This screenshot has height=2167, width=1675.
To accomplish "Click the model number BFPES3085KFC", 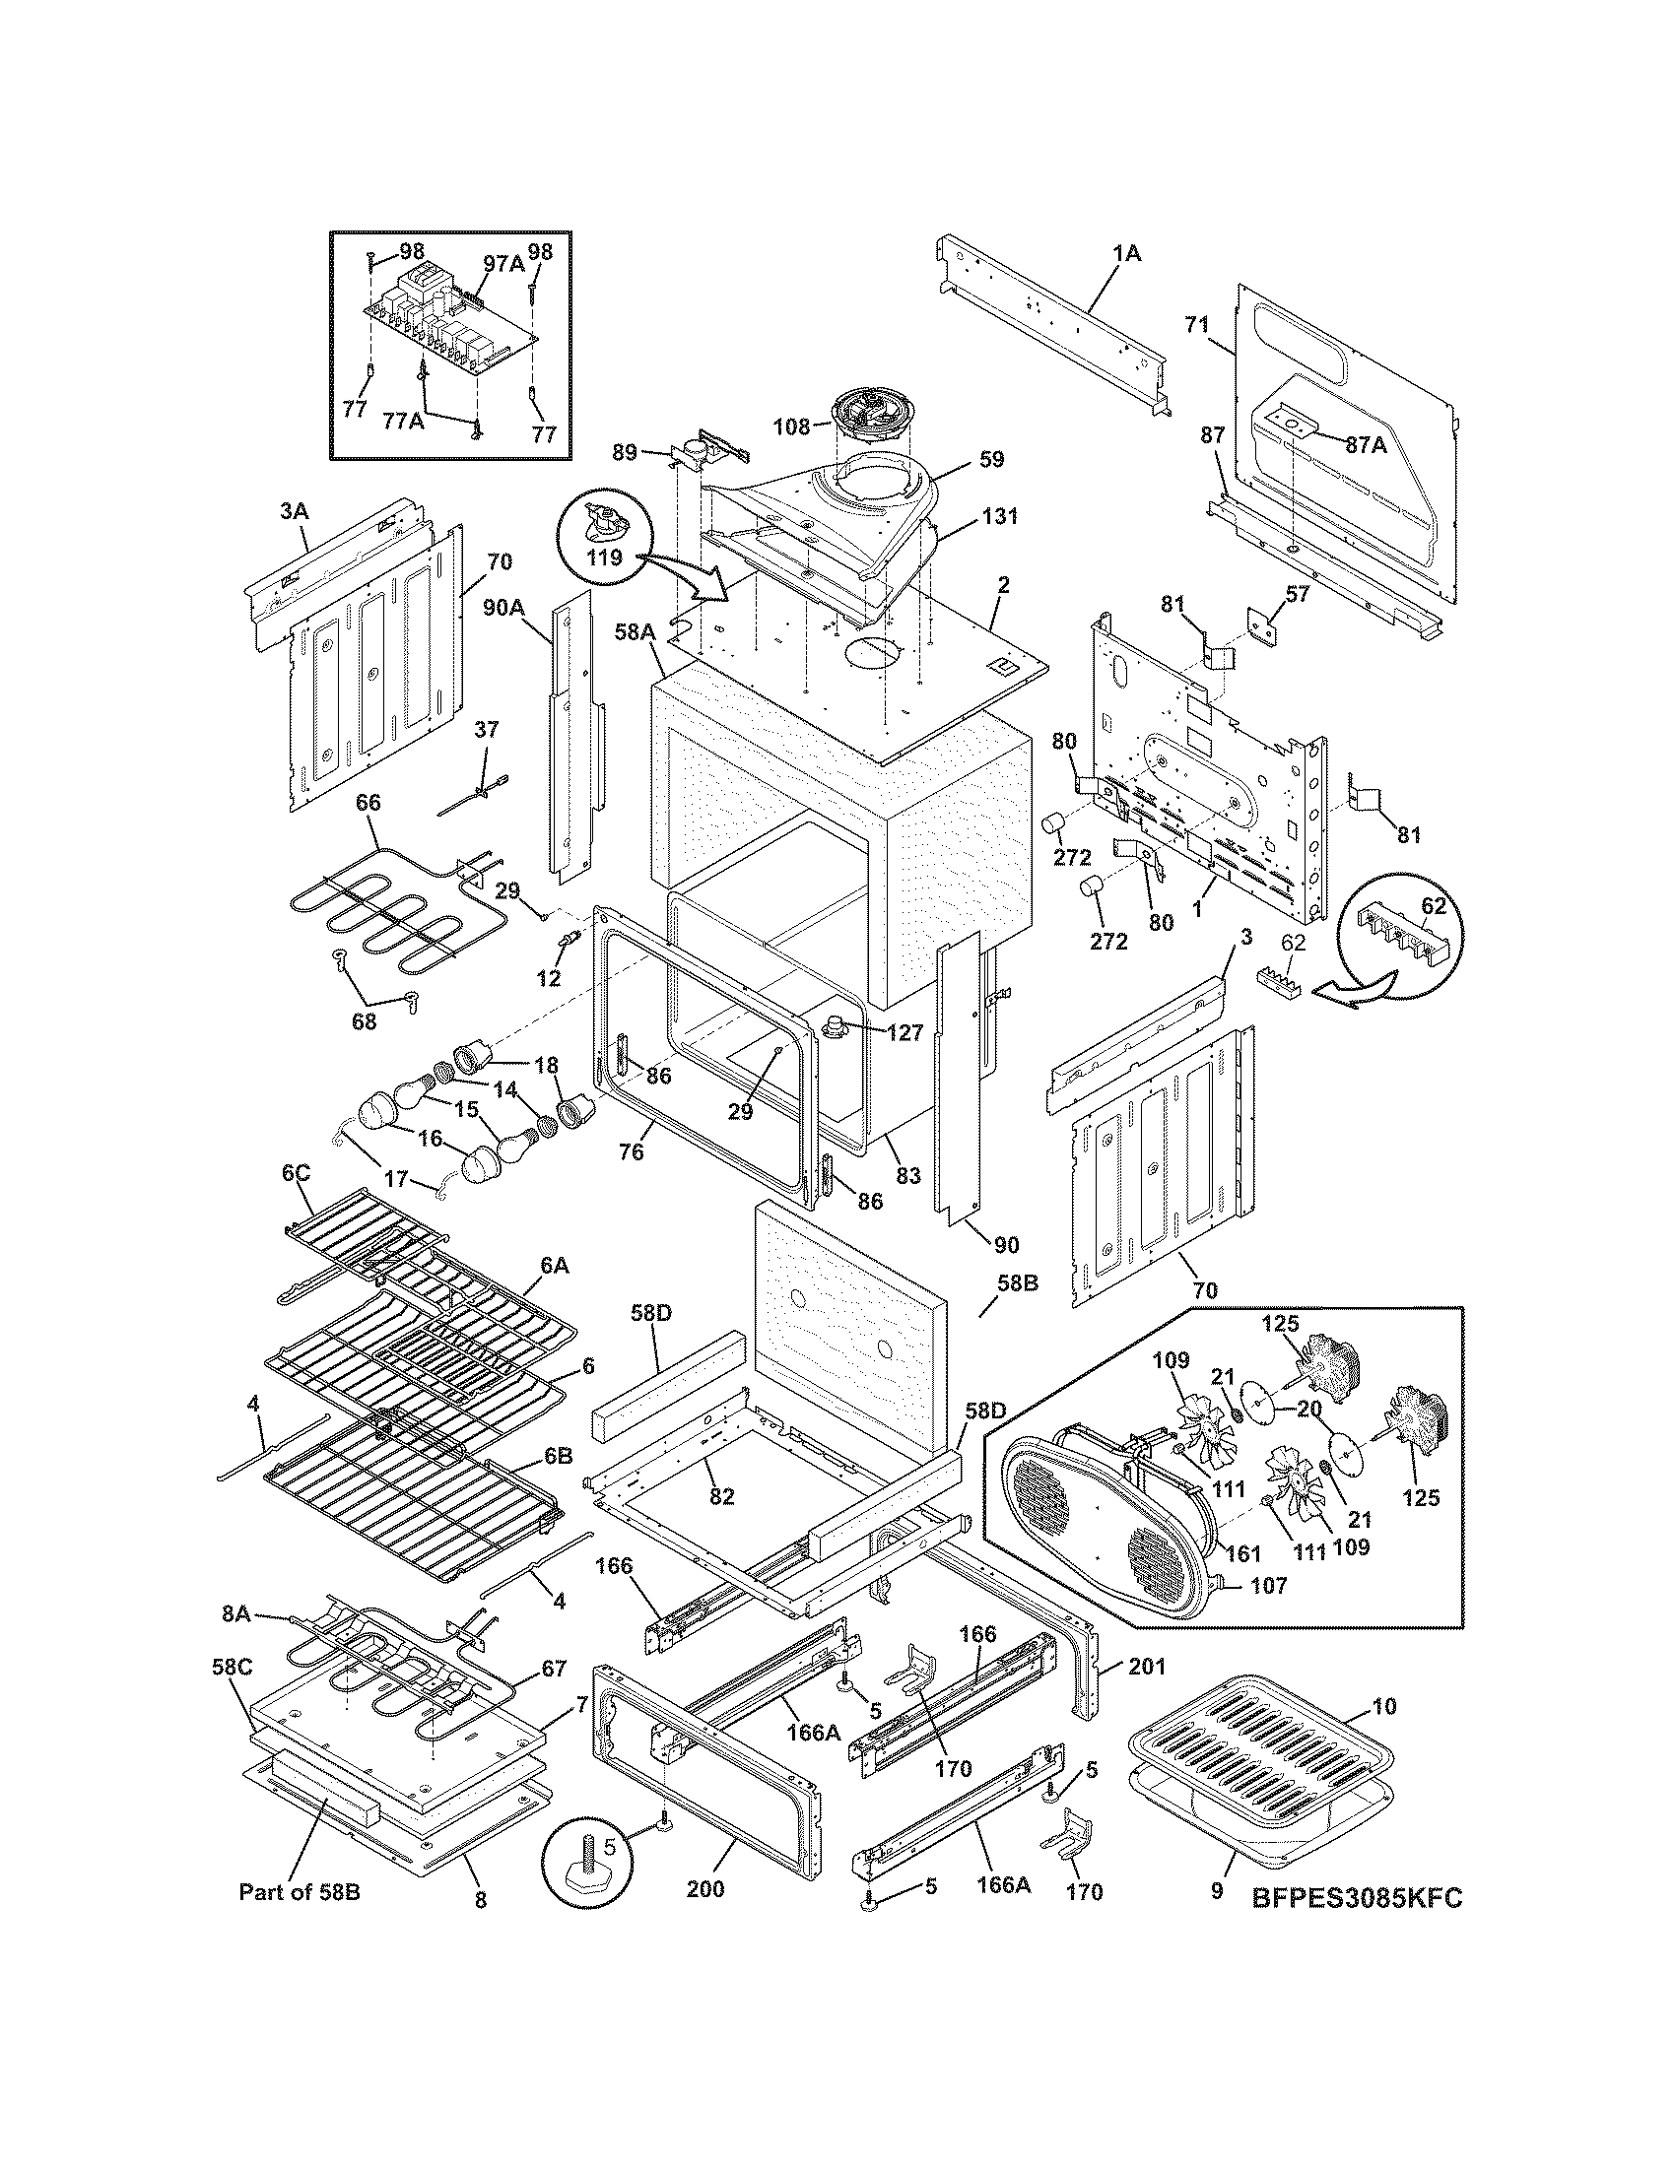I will click(x=1356, y=1894).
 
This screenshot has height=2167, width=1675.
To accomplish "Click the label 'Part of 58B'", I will click(x=299, y=1892).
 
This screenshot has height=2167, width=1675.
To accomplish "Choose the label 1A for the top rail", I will click(x=1126, y=254).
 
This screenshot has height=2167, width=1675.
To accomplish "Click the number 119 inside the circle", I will click(x=603, y=558).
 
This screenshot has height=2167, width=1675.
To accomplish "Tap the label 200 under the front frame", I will click(x=704, y=1889).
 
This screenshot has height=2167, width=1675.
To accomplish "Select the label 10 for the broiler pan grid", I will click(x=1384, y=1706).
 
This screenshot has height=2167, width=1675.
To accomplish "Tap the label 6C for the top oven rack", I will click(x=296, y=1174).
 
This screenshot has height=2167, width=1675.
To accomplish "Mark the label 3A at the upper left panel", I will click(x=294, y=512).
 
